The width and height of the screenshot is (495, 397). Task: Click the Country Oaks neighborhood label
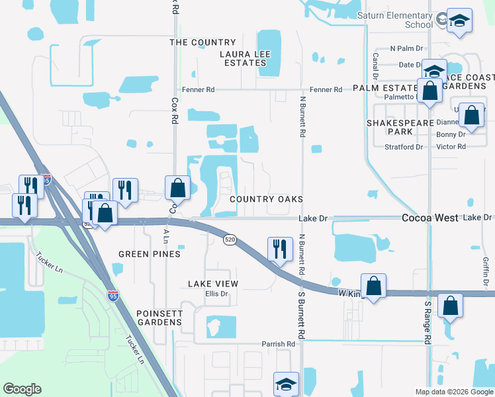[x=266, y=199]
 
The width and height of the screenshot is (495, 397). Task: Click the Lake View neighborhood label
[x=212, y=284]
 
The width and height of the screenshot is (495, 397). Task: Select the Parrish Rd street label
[x=278, y=344]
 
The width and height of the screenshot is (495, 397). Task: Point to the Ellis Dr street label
[x=216, y=294]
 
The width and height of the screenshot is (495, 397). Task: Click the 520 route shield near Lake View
[x=230, y=239]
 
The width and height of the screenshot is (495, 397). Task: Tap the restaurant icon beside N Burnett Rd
[x=279, y=249]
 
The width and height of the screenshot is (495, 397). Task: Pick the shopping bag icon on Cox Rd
[x=177, y=188]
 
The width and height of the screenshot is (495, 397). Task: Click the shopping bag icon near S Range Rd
[x=450, y=306]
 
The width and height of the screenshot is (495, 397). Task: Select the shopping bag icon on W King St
[x=373, y=287]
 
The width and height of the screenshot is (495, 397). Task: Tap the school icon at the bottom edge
[x=286, y=384]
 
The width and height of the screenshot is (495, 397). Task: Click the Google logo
[x=22, y=389]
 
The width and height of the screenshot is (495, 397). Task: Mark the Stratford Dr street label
[x=404, y=147]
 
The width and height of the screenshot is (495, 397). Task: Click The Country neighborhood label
[x=202, y=42]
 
